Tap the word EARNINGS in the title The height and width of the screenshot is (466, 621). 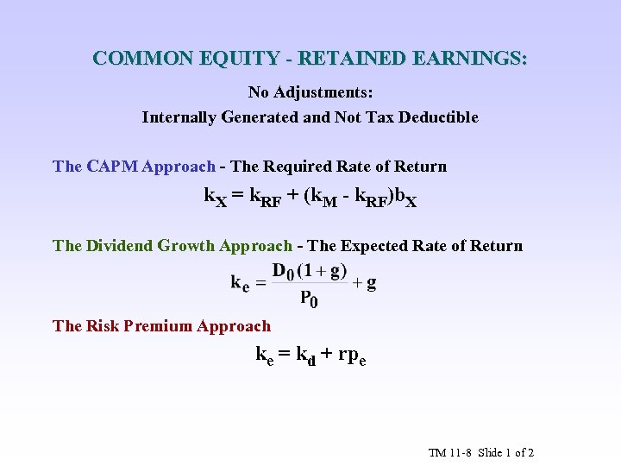(470, 59)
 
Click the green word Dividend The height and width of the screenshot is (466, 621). (119, 246)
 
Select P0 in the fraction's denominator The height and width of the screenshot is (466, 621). (308, 299)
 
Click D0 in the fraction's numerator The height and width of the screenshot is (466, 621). (283, 271)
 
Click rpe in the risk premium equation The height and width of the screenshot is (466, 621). (351, 354)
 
